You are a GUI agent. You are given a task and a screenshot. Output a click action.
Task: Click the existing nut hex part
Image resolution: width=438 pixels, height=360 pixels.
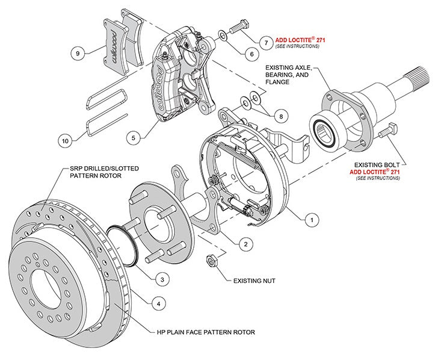[x=211, y=260]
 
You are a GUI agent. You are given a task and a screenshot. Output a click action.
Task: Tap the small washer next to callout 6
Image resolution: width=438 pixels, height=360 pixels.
[x=223, y=36]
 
